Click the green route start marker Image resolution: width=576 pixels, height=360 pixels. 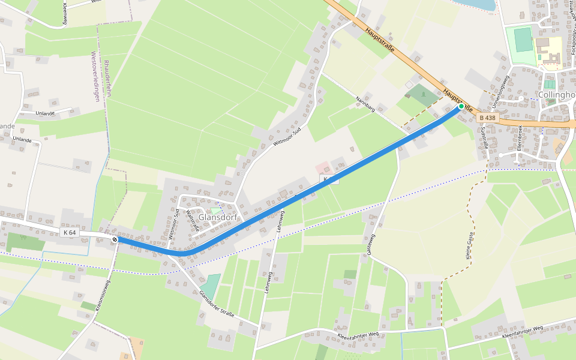click(x=461, y=106)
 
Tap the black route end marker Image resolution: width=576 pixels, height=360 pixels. click(x=115, y=239)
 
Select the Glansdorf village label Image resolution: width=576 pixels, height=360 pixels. click(x=218, y=217)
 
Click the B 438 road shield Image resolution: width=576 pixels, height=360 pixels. click(x=488, y=118)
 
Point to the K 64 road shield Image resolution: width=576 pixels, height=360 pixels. click(x=70, y=232)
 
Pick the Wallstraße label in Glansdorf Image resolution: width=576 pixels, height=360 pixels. click(x=192, y=220)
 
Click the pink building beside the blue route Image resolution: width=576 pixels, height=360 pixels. click(x=322, y=168)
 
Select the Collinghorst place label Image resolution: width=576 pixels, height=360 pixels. click(x=557, y=95)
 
